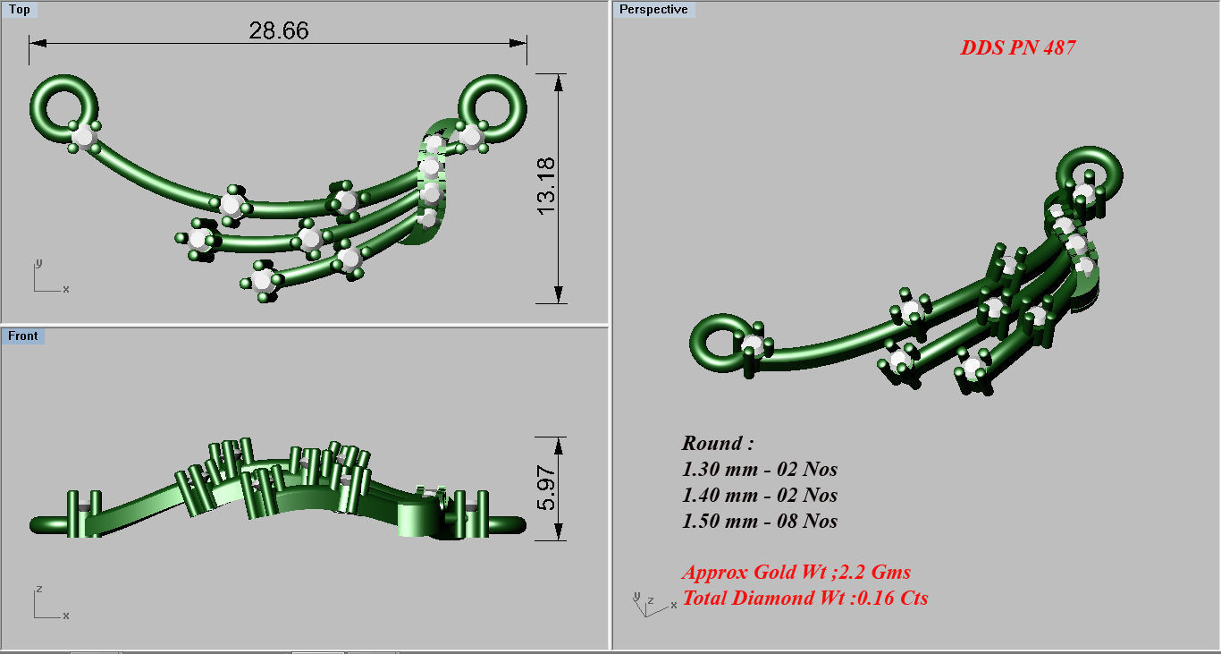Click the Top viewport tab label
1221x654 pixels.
click(19, 10)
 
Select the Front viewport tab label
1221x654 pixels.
click(23, 335)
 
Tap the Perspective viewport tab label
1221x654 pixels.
click(653, 10)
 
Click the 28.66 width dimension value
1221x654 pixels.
click(279, 30)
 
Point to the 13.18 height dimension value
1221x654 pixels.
click(545, 185)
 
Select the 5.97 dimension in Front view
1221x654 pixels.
click(545, 488)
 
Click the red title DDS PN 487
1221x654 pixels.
click(1017, 48)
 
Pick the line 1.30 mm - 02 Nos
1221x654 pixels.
click(759, 469)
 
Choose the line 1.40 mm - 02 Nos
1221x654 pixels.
click(759, 495)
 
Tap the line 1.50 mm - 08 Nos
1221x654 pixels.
click(759, 521)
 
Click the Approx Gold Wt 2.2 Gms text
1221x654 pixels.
click(796, 572)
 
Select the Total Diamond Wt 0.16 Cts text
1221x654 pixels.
click(804, 598)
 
